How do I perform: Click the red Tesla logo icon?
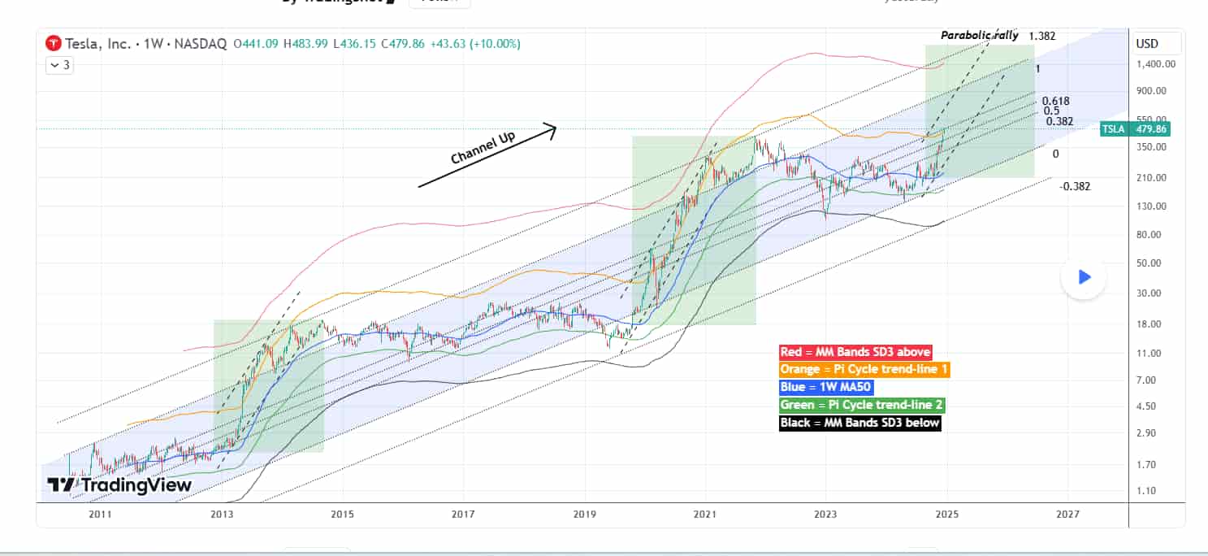point(53,43)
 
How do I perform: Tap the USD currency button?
point(1147,43)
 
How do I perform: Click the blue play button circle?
point(1084,277)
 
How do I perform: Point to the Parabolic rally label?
point(979,36)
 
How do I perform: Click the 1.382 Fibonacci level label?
point(1041,36)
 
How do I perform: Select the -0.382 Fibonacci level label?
point(1075,186)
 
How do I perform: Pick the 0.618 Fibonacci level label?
point(1055,101)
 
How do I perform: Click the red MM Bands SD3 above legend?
point(855,352)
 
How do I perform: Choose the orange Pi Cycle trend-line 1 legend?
point(864,370)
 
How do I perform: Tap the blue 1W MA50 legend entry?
point(825,387)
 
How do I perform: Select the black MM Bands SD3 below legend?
point(859,423)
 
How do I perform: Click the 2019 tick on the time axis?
point(584,515)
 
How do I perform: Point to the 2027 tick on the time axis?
point(1067,515)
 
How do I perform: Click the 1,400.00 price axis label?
point(1157,64)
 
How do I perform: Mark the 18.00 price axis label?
point(1150,324)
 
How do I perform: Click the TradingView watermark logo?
point(119,485)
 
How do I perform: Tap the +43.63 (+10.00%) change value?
point(482,43)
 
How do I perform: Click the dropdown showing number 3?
point(61,65)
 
